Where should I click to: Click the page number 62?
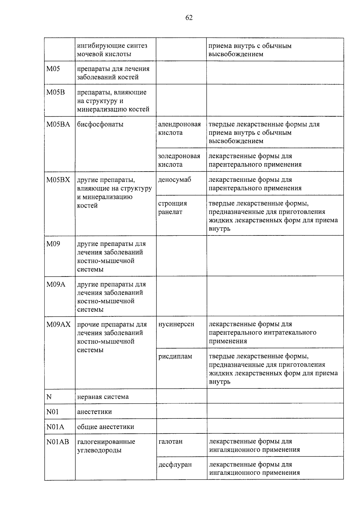189,18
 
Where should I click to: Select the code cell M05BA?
58,124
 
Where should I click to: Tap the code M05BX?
58,180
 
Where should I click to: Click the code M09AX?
58,325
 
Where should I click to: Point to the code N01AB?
58,442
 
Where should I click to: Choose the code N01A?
55,427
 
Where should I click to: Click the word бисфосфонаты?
100,124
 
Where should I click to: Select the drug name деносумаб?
175,180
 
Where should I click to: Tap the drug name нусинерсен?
176,325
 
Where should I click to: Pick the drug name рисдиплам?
175,357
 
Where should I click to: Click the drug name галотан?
170,442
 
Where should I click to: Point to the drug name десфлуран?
175,465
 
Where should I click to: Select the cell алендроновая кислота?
179,128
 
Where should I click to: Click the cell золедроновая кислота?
179,160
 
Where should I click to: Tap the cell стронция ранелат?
172,208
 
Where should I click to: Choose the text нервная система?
103,397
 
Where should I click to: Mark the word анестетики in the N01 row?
94,412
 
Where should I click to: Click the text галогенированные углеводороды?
106,446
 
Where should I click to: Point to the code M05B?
55,92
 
